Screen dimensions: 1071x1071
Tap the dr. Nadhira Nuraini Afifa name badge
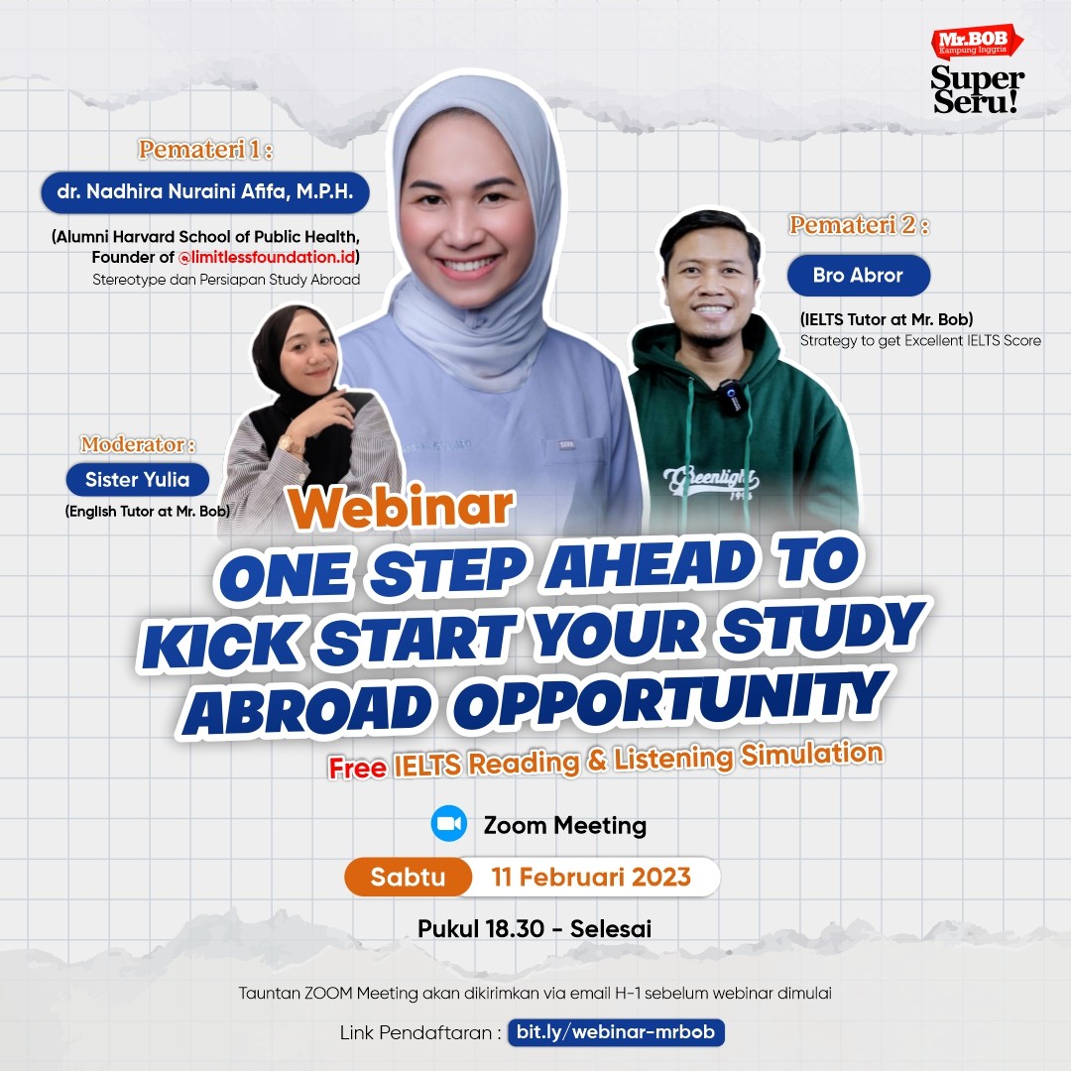coord(205,191)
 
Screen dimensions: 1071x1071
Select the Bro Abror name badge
coord(858,276)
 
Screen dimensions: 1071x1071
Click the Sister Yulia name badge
coord(139,481)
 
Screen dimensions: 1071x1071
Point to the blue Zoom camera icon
coord(449,824)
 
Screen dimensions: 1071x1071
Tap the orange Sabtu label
coord(408,877)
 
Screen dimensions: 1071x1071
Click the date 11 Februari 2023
coord(592,877)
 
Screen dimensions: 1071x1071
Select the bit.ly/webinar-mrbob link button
coord(616,1032)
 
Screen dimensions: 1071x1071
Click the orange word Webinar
coord(401,506)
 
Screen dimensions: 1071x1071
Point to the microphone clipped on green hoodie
coord(732,397)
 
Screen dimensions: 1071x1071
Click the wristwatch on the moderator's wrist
coord(292,444)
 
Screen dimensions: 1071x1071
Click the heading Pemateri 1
coord(205,150)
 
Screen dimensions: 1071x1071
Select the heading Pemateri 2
coord(859,225)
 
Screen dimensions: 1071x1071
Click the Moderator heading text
coord(138,442)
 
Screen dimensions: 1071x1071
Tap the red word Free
coord(358,769)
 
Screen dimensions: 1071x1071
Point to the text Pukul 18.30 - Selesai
coord(535,929)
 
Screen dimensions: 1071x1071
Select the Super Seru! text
coord(976,89)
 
